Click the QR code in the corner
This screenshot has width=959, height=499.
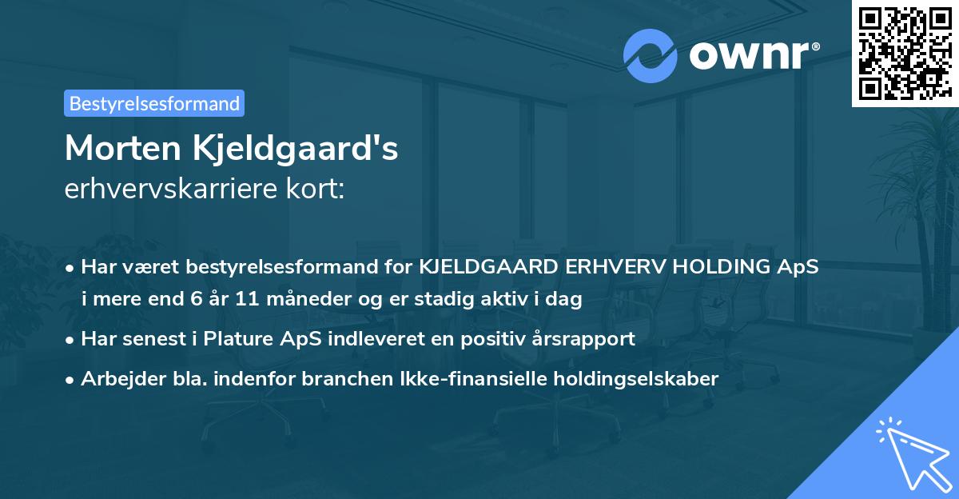pos(905,53)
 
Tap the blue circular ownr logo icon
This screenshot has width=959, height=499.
pos(649,55)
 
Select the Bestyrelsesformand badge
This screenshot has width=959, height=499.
pos(154,103)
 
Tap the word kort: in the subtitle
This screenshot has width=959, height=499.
pos(318,190)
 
